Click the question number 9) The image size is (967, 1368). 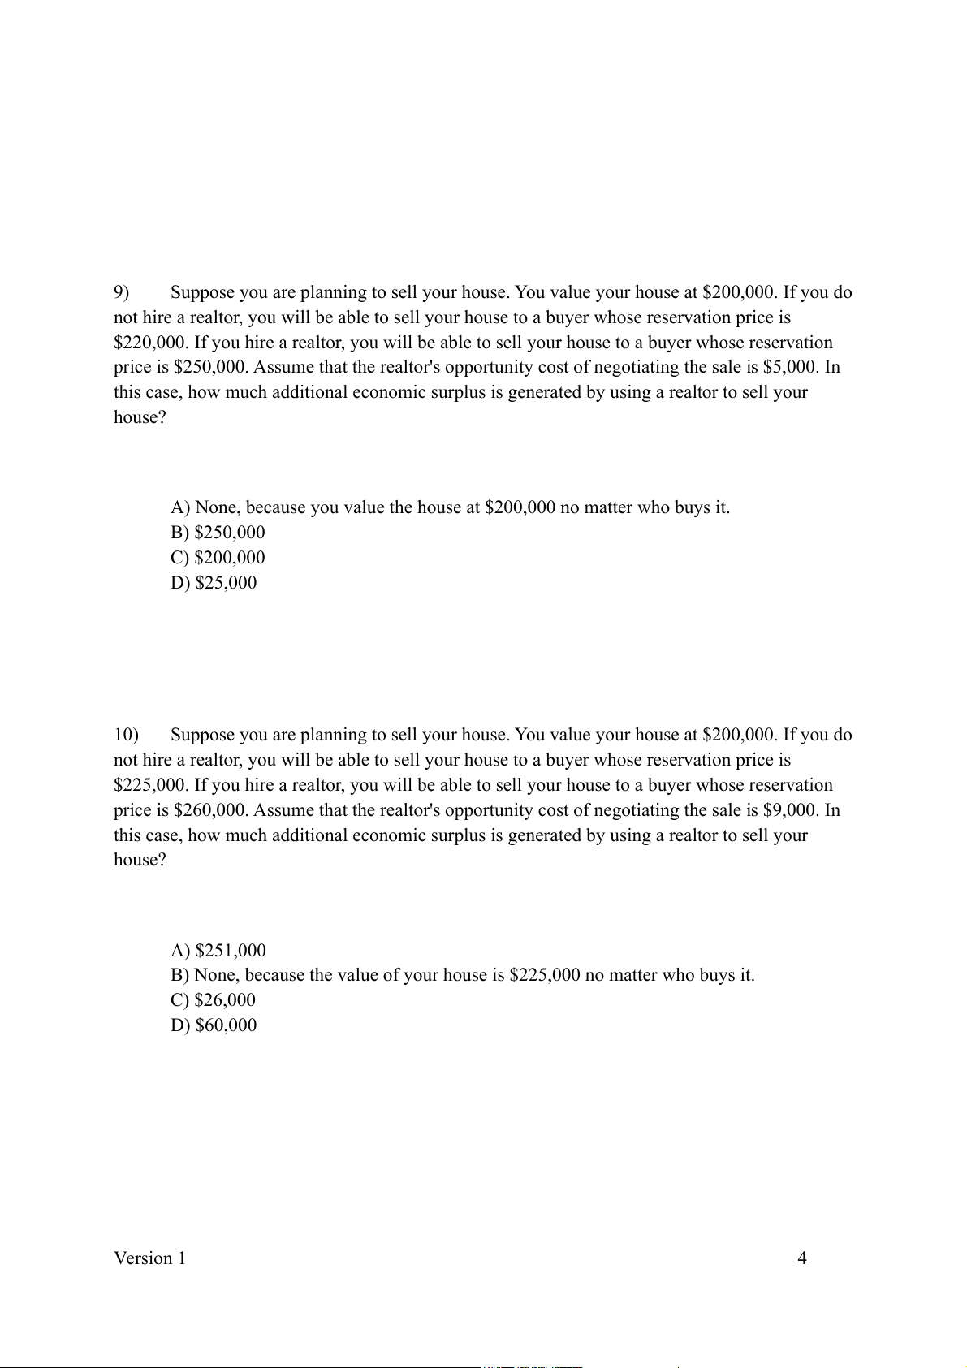pos(122,292)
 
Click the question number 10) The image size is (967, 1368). pos(126,735)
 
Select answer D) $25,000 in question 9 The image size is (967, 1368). pos(214,583)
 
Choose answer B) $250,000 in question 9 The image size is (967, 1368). pos(218,533)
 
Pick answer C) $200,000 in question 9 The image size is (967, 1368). pos(218,558)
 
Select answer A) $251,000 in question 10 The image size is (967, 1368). pos(218,951)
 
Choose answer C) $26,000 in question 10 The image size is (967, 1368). pos(213,1000)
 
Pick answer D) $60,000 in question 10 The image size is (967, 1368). pos(214,1025)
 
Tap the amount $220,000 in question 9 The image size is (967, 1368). pos(151,343)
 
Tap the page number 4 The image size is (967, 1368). pos(802,1258)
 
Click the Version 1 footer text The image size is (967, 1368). pos(149,1258)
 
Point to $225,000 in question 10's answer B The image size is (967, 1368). pos(545,975)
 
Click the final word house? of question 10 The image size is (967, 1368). pos(140,860)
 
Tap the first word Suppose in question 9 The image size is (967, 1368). pos(203,292)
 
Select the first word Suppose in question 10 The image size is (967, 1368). pos(203,735)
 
